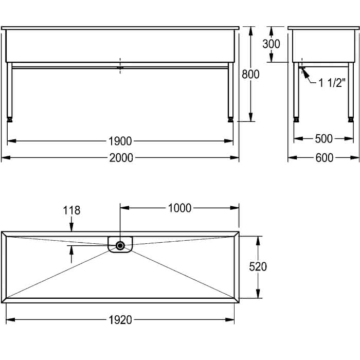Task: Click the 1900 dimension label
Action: (x=120, y=141)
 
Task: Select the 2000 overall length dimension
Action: (x=121, y=158)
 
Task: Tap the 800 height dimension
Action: (x=250, y=74)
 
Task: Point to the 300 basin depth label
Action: (x=271, y=44)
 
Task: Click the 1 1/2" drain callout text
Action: (x=332, y=83)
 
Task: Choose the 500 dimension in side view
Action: (x=323, y=139)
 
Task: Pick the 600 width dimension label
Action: (x=324, y=158)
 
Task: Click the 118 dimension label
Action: (x=71, y=210)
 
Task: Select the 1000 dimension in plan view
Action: (x=179, y=208)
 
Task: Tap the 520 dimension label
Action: (x=258, y=266)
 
